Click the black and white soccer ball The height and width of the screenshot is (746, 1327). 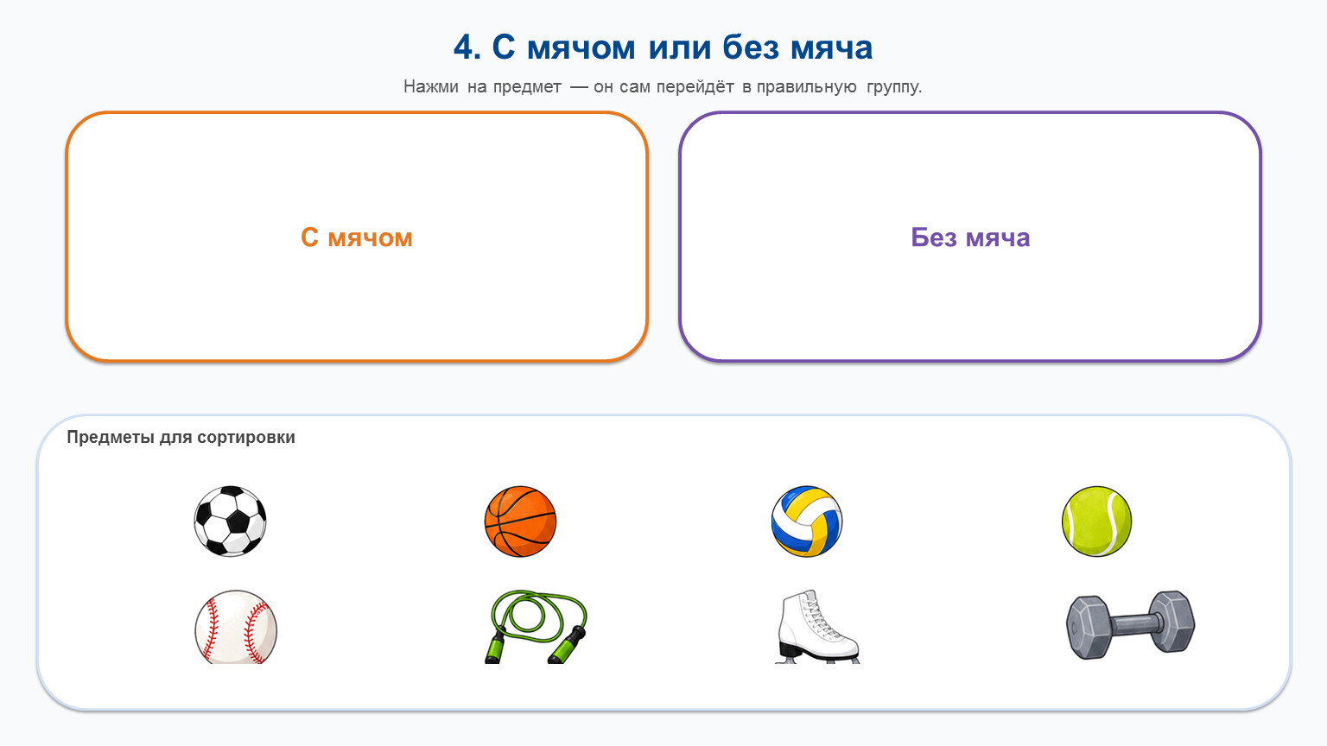coord(230,521)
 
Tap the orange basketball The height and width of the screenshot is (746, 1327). coord(520,521)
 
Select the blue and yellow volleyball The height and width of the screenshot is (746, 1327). coord(807,521)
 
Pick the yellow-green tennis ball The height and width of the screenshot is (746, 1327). coord(1096,521)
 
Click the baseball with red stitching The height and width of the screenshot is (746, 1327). coord(236,626)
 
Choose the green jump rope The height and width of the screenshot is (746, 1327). coord(536,626)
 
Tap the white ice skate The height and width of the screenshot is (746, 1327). coord(817,626)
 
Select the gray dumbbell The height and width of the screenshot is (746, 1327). coord(1130,625)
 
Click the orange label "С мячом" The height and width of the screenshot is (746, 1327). coord(357,237)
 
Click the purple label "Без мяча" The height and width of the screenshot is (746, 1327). coord(970,237)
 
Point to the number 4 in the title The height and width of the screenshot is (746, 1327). coord(463,47)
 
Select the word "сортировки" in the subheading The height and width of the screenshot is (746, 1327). coord(246,438)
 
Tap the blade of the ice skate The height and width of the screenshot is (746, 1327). coord(817,660)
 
